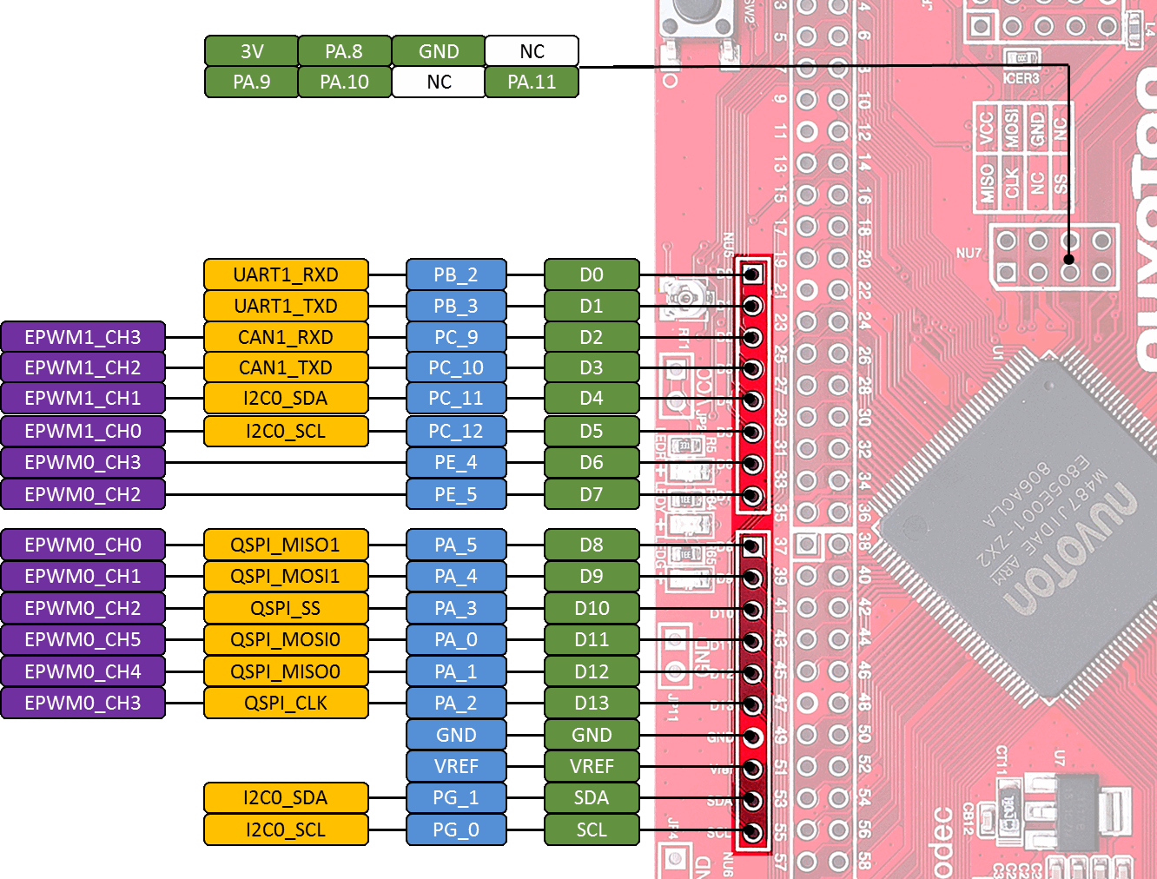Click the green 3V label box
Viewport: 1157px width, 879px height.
[252, 51]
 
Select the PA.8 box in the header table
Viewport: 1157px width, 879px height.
[344, 51]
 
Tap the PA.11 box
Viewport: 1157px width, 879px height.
[532, 83]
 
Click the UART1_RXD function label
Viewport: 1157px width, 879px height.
[286, 274]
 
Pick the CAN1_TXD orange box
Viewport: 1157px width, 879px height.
[286, 367]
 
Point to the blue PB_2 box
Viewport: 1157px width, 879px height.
[456, 274]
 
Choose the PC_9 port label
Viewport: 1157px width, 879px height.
[456, 337]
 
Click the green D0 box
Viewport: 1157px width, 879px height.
[592, 274]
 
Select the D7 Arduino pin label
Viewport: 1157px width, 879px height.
[592, 494]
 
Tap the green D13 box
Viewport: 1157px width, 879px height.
[592, 703]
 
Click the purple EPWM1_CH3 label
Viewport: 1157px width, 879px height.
[83, 337]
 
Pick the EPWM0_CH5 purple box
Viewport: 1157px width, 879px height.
[83, 639]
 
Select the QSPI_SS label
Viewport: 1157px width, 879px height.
[286, 608]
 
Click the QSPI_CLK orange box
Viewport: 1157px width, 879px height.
[286, 703]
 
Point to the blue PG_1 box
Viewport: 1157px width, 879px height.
[456, 797]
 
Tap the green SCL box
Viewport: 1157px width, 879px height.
[592, 829]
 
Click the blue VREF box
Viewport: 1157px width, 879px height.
[456, 766]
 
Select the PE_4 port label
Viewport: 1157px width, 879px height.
[456, 462]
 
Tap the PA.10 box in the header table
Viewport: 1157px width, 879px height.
[344, 83]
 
